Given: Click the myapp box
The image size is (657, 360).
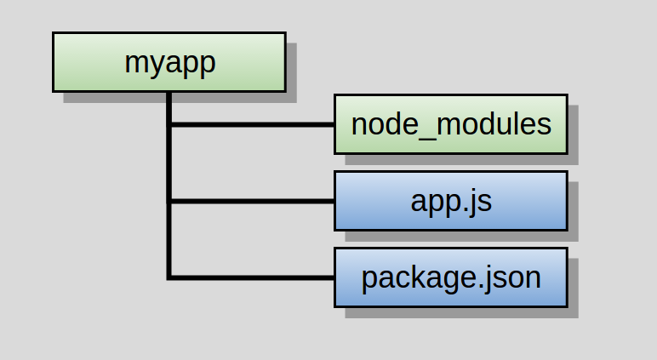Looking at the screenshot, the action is coord(169,62).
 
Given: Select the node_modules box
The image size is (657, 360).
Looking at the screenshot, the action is coord(451,124).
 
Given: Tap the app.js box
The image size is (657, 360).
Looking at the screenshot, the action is coord(451,201).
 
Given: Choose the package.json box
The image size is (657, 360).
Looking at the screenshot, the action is coord(451,277).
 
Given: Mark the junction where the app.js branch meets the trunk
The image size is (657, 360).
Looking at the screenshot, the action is coord(169,201).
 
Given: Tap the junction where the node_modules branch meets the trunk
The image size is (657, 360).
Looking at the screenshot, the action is coord(169,124).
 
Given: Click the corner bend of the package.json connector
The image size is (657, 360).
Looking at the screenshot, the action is coord(169,277).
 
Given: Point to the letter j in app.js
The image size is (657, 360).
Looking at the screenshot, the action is coord(477,203).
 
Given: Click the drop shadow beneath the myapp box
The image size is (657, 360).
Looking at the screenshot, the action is coord(180,98).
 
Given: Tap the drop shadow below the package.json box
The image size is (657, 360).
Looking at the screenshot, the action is coord(462,313).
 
